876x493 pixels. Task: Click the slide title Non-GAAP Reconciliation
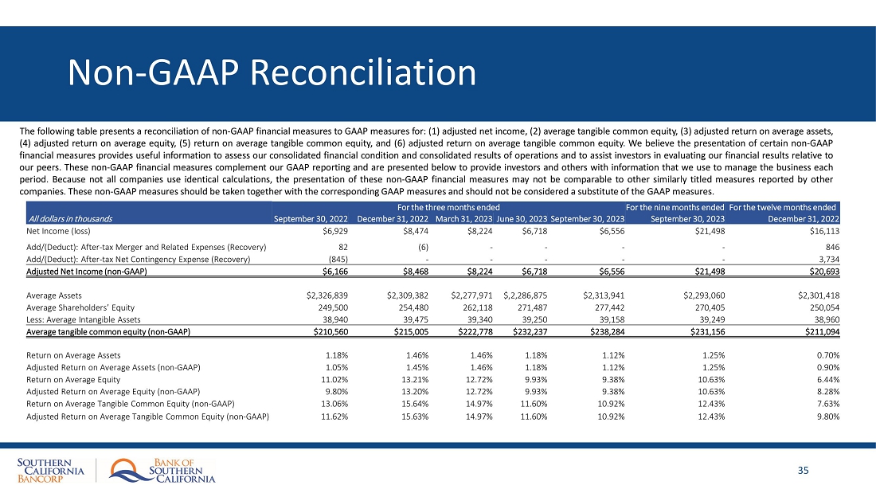[x=272, y=73]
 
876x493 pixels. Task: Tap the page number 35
[x=803, y=471]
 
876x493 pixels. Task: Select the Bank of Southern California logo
[x=163, y=471]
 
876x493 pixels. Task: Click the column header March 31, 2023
[x=463, y=218]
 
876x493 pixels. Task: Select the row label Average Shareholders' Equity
[x=80, y=307]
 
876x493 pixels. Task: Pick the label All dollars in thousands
[x=70, y=218]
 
